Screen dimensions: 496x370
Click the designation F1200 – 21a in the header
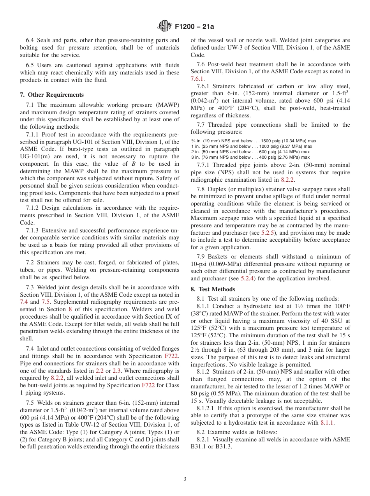pos(194,27)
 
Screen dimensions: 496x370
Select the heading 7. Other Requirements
pos(52,95)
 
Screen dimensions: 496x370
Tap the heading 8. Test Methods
pos(213,289)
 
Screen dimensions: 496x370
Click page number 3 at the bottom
pos(185,479)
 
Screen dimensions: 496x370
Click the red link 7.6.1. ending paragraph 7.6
pos(197,78)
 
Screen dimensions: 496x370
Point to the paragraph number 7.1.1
pos(33,135)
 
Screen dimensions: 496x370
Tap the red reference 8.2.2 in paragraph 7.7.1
pos(287,180)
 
